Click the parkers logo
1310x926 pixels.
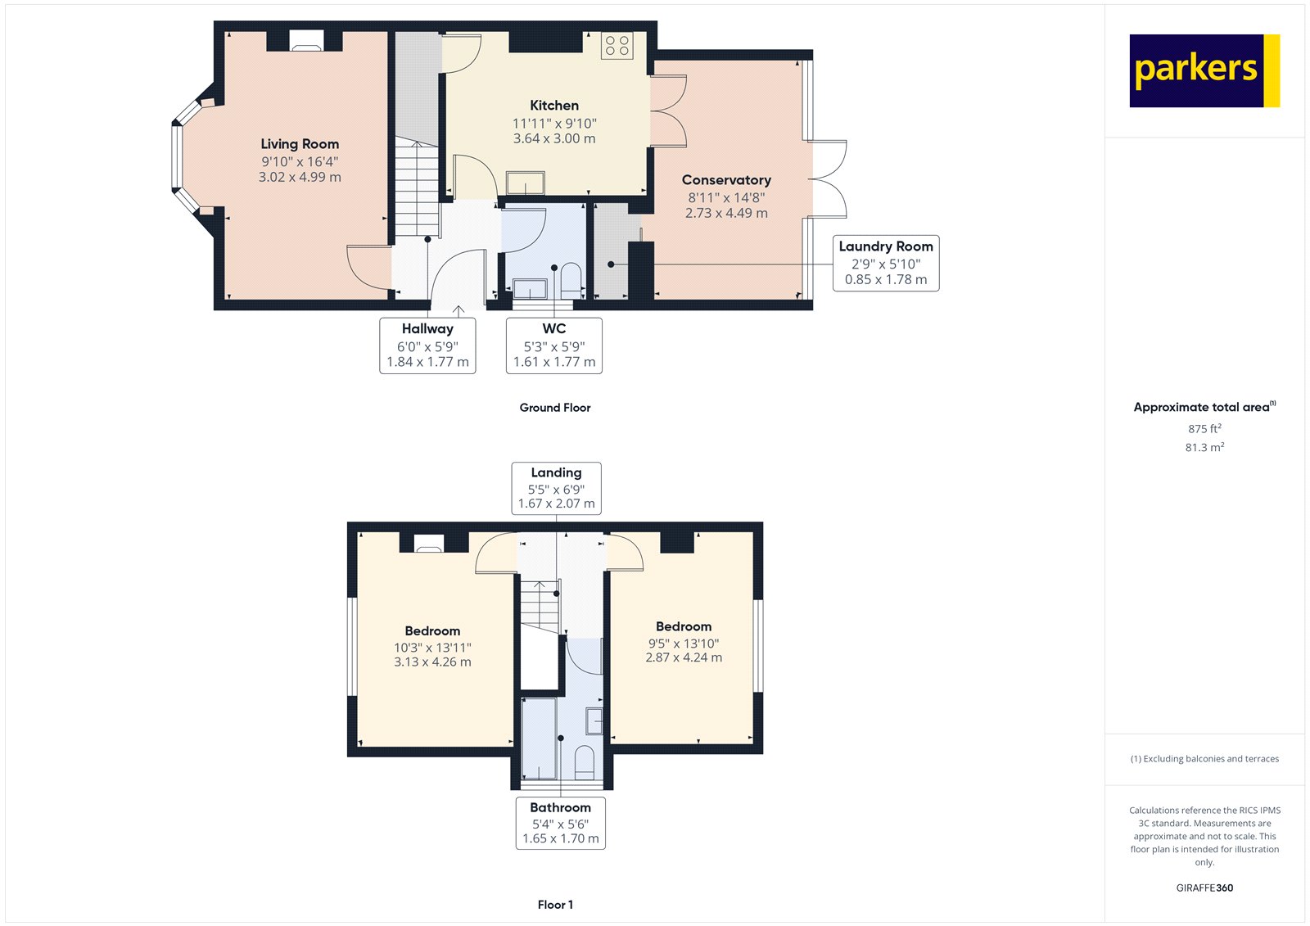click(x=1204, y=70)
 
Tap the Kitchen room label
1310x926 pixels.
click(x=554, y=106)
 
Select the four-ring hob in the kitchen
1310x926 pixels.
click(x=617, y=45)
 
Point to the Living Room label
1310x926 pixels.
click(x=300, y=144)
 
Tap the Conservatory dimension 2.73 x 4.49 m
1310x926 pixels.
click(x=726, y=213)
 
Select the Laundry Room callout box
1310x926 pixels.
click(x=886, y=263)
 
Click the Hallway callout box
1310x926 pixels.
click(x=427, y=346)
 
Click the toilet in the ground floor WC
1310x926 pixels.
click(x=571, y=280)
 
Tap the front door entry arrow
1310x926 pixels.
click(x=458, y=311)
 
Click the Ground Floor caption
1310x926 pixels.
click(x=554, y=408)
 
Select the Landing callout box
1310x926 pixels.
click(x=556, y=488)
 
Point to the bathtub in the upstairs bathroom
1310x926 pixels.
click(x=540, y=738)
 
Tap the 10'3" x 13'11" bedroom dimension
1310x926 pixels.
click(x=432, y=648)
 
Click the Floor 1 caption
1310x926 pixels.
click(x=555, y=905)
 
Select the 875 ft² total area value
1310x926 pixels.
click(x=1204, y=429)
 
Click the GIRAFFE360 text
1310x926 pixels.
click(x=1204, y=888)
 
